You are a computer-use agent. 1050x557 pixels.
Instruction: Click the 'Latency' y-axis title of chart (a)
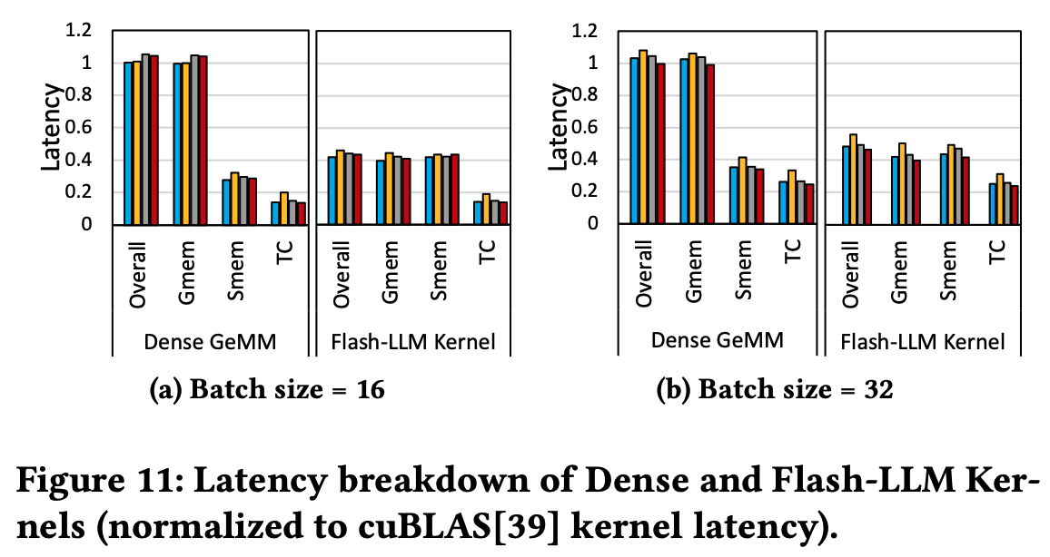point(54,127)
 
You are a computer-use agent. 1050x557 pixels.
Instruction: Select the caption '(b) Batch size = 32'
point(775,391)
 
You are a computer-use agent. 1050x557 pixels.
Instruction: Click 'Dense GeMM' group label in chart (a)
point(211,342)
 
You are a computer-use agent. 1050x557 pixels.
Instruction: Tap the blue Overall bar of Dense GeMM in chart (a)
point(128,143)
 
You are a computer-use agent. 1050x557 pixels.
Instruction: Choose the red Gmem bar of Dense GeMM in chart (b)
point(711,144)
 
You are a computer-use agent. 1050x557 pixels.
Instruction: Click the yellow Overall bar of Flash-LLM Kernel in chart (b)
point(852,179)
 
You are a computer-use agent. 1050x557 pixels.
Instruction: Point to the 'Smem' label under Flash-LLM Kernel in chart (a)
point(440,269)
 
